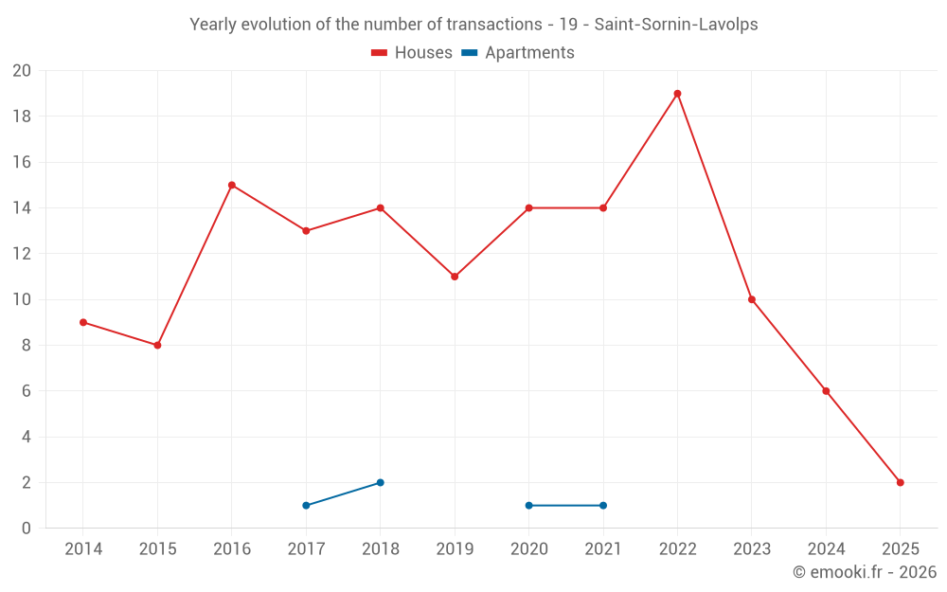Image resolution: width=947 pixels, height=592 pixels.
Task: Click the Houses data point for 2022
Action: coord(677,94)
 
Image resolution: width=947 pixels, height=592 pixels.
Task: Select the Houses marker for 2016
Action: coord(232,186)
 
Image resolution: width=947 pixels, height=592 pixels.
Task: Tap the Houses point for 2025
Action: coord(900,482)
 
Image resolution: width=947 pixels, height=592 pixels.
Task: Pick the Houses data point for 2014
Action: coord(83,322)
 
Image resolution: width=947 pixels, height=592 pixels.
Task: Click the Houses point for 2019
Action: coord(455,277)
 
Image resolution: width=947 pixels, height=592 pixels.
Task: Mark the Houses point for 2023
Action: coord(752,299)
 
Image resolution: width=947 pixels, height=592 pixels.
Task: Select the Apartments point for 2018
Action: coord(380,482)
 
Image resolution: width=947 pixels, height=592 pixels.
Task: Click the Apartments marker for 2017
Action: coord(306,505)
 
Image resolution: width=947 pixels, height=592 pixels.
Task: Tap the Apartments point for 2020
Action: coord(528,505)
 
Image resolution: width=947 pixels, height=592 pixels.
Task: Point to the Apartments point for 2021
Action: coord(603,505)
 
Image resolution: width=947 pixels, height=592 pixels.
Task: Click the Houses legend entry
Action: coord(412,53)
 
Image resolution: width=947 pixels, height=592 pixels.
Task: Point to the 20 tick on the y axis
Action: coord(22,71)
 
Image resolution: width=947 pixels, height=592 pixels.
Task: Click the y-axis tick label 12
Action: coord(22,254)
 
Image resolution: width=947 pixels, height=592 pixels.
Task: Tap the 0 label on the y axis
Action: coord(27,528)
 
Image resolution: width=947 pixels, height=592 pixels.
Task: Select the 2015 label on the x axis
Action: coord(157,549)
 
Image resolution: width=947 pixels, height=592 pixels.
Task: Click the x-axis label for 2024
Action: coord(826,549)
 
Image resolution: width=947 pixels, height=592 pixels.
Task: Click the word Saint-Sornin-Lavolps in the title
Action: coord(675,25)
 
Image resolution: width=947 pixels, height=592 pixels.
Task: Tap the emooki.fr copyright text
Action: coord(865,572)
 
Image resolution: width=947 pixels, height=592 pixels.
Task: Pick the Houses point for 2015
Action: coord(157,345)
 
